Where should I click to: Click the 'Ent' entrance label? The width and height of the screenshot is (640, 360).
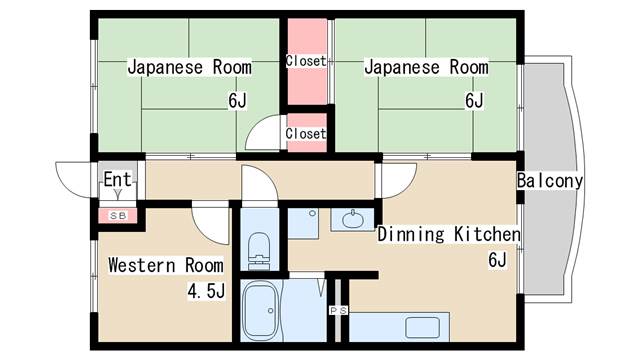pos(113,181)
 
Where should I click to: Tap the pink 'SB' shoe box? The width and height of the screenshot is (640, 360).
pos(117,215)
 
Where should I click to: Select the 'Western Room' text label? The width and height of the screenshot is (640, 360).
pos(166,266)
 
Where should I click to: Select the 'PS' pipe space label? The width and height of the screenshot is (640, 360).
pos(339,310)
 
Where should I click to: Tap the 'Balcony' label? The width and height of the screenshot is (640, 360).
pos(550,181)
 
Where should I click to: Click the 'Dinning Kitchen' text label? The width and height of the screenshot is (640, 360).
pos(449,235)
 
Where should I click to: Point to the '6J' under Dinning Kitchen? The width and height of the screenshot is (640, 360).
pos(497,262)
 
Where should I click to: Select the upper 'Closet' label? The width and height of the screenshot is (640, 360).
pos(305,60)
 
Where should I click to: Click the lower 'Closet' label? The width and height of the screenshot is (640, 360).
pos(305,133)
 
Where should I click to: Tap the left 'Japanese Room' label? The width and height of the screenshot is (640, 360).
pos(189,68)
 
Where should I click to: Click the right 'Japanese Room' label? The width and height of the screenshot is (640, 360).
pos(426,68)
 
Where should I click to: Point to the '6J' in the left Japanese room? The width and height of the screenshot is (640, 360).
pos(237,100)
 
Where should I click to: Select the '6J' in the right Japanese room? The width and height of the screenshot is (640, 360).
pos(474,100)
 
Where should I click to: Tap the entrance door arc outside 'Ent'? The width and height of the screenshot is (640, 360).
pos(74,181)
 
